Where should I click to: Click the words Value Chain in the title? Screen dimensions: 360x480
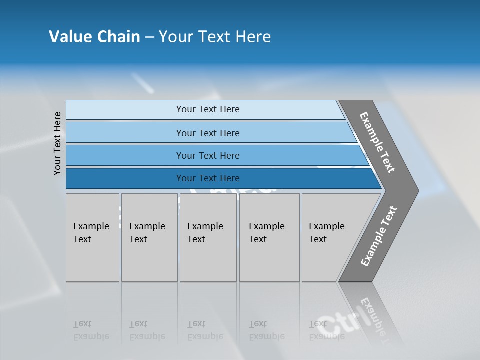point(94,37)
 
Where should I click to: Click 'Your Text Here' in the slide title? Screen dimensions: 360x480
point(215,37)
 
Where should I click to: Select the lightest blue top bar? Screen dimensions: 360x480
point(125,109)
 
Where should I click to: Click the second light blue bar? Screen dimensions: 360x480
point(125,133)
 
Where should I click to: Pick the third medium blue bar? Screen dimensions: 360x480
point(125,155)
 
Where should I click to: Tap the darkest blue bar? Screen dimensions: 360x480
point(125,178)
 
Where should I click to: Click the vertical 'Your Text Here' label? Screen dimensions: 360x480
point(58,143)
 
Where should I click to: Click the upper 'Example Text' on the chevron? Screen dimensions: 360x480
point(378,142)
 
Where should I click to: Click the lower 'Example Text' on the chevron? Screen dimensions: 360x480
point(379,236)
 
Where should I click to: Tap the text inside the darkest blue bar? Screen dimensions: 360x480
point(208,178)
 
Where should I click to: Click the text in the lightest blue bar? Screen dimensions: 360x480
point(208,109)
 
